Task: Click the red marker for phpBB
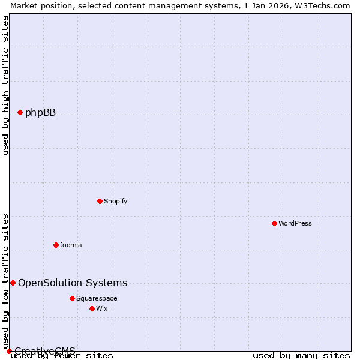[x=20, y=112]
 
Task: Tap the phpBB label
[x=40, y=112]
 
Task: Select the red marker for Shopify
[x=100, y=201]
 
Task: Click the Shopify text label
[x=115, y=201]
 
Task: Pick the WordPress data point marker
[x=274, y=223]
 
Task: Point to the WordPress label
[x=295, y=223]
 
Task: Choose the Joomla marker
[x=56, y=245]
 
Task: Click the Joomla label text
[x=70, y=245]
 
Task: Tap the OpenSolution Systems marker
[x=13, y=283]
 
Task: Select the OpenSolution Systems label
[x=73, y=283]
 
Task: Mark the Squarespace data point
[x=72, y=298]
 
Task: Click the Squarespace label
[x=97, y=298]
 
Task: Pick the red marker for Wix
[x=92, y=308]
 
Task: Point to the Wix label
[x=101, y=308]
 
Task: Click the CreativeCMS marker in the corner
[x=9, y=351]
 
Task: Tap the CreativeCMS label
[x=45, y=351]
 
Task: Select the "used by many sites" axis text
[x=301, y=355]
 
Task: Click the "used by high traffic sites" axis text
[x=5, y=85]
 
